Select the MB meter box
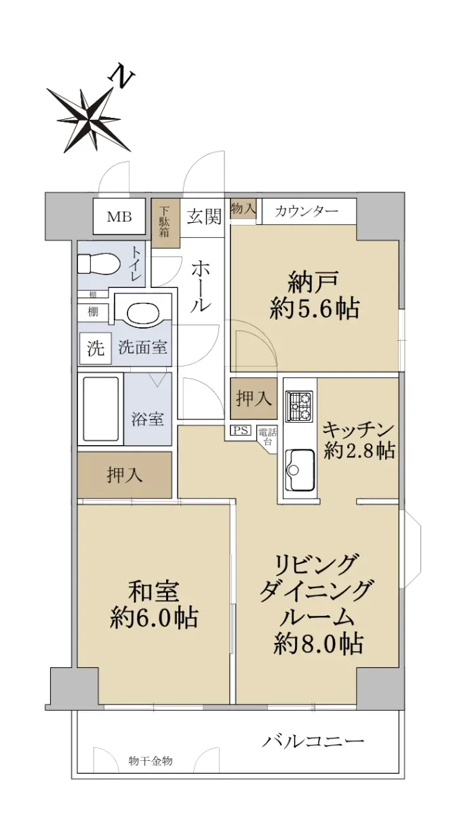pos(119,217)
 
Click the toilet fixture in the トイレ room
pos(99,264)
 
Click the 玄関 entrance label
pos(204,217)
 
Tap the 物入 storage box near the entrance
pos(243,209)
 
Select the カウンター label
pos(307,211)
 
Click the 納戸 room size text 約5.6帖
pos(315,309)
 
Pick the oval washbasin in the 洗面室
pos(143,311)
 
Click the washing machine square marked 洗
pos(96,348)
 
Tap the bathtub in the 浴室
pos(100,409)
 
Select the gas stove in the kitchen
pos(299,406)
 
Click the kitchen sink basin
pos(300,469)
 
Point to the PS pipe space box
pos(241,430)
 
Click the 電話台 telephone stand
pos(267,438)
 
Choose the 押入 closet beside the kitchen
pos(254,398)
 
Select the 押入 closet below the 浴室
pos(125,475)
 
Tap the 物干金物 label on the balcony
pos(151,751)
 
